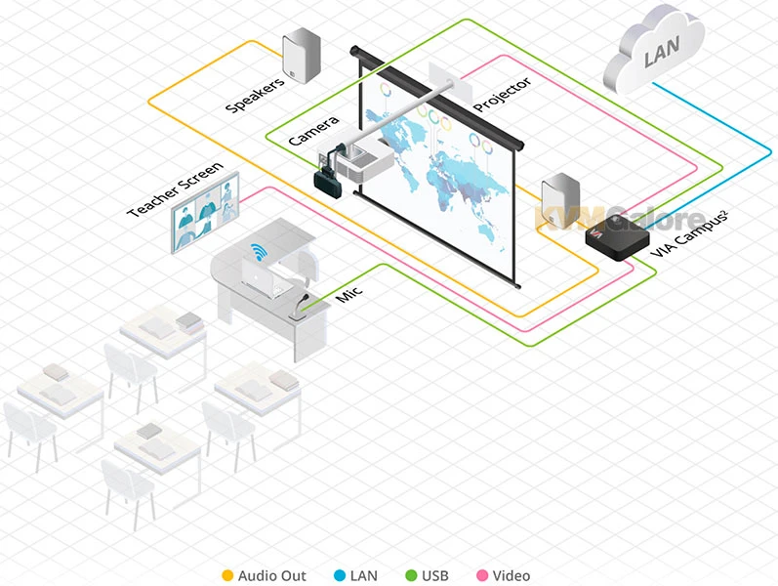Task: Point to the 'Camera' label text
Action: click(x=313, y=131)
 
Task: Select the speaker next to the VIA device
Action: click(x=560, y=202)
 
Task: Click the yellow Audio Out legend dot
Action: click(x=227, y=576)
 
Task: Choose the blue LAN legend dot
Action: click(x=340, y=576)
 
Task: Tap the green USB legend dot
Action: click(x=412, y=576)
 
